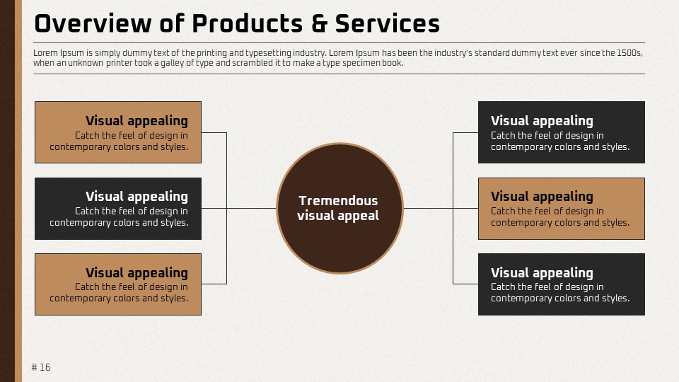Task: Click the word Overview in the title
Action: [93, 23]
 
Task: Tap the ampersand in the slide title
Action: [320, 24]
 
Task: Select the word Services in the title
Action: [388, 24]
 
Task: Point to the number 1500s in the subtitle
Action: [629, 53]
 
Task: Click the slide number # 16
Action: [41, 367]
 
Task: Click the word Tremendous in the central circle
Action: [338, 200]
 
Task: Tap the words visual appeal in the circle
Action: [338, 216]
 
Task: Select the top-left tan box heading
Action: [137, 121]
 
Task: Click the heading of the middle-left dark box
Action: [137, 197]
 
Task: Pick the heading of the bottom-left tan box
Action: [137, 273]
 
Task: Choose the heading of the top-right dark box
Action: [542, 121]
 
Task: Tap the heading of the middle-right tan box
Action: [542, 197]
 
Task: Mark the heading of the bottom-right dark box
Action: [542, 273]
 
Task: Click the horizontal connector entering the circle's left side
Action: [252, 208]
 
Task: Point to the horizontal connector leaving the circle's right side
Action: [429, 208]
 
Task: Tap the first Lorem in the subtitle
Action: [45, 53]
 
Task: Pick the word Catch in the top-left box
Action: [86, 136]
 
